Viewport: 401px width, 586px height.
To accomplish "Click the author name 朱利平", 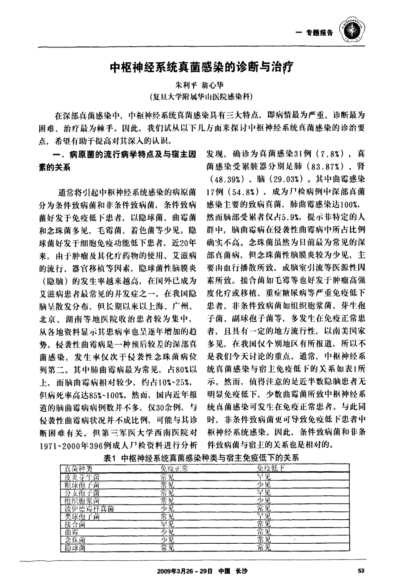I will click(x=185, y=86).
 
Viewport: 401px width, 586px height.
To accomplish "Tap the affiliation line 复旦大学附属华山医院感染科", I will click(x=200, y=96).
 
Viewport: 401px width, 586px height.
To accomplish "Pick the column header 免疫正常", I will click(x=173, y=469).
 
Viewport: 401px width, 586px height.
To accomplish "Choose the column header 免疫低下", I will click(x=270, y=469).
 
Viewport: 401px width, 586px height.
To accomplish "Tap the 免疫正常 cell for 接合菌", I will click(x=167, y=524).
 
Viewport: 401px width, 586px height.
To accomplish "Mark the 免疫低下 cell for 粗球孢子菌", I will click(x=264, y=484).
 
